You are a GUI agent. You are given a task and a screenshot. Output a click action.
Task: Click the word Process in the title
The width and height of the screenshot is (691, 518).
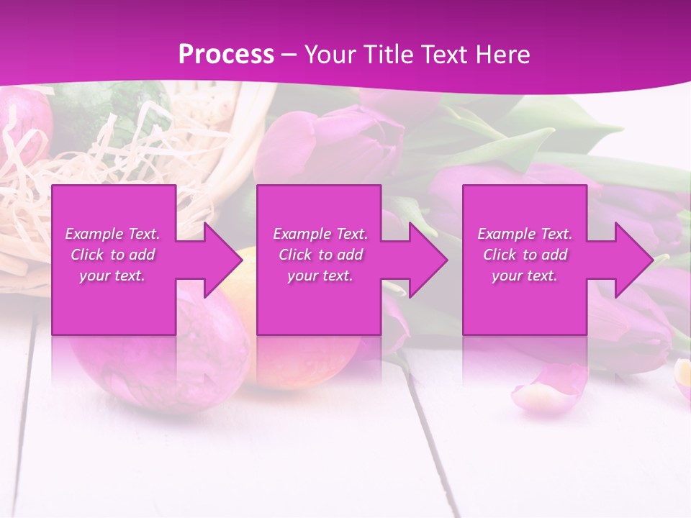pos(226,55)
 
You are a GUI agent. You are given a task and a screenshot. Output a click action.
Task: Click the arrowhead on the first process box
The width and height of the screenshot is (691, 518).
pos(220,260)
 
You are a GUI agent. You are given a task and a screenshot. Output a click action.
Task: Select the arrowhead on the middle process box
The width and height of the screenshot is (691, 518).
pos(425,260)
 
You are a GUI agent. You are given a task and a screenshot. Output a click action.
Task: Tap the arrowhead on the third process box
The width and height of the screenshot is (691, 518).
pos(631,260)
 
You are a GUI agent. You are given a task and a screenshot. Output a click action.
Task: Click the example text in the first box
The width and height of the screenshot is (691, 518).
pos(112,255)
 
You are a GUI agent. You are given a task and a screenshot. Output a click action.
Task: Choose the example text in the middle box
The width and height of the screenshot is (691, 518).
pos(320,255)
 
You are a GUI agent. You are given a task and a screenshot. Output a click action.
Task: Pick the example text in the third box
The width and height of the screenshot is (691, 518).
pos(525,255)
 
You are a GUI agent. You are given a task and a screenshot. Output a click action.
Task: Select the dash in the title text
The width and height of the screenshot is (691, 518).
pos(289,55)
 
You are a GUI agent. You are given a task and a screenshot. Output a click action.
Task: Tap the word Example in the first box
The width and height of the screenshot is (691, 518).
pos(94,234)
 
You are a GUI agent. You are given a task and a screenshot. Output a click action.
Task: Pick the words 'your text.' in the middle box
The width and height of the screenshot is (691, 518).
pos(320,276)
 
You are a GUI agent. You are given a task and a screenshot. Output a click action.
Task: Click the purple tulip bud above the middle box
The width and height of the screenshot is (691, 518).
pos(331,144)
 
